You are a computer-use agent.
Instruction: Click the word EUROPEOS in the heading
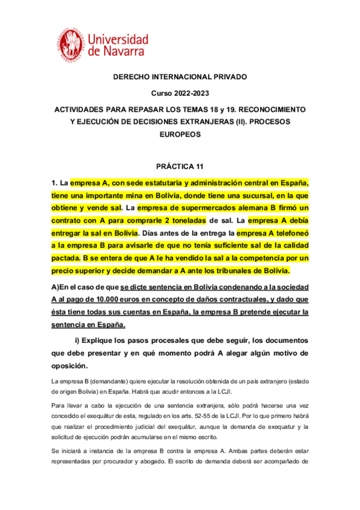click(180, 135)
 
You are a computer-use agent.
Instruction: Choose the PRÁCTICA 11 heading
click(180, 165)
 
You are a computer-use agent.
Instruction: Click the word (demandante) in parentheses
click(108, 382)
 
